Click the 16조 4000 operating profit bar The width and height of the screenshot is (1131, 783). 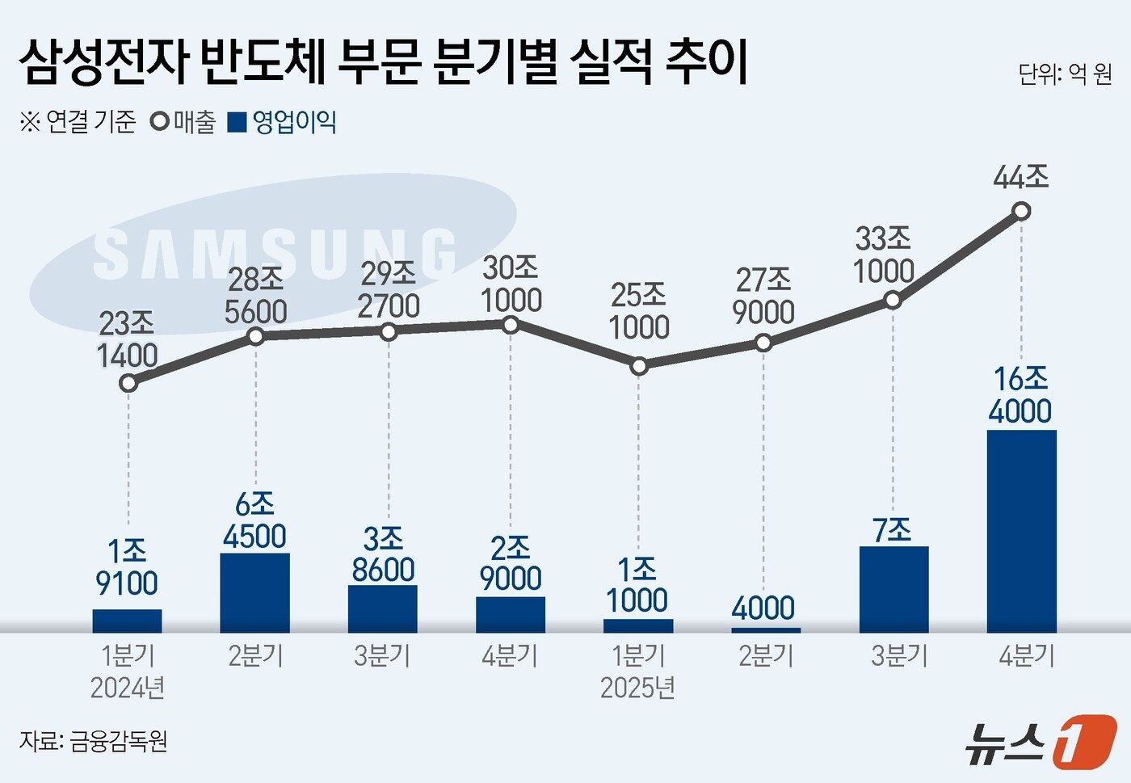[1021, 531]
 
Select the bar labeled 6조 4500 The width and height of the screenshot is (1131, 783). [254, 592]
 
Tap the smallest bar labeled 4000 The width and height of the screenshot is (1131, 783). [766, 629]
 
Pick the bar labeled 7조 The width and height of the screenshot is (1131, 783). [893, 589]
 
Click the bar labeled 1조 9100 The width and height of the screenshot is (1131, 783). [127, 621]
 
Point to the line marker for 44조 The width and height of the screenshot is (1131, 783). [1021, 212]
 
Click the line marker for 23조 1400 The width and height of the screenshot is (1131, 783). [128, 383]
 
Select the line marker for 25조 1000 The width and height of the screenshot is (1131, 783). [639, 366]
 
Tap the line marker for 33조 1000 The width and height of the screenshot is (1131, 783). [893, 300]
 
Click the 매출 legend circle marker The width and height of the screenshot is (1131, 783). [160, 123]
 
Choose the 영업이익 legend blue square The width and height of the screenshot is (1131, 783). [237, 123]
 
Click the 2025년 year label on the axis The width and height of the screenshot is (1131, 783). [637, 688]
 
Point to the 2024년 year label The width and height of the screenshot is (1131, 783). [128, 688]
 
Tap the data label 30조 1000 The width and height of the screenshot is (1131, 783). [511, 284]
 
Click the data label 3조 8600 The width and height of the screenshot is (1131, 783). [383, 554]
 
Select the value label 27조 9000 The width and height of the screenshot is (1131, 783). [764, 296]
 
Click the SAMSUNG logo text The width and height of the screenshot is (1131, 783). [275, 254]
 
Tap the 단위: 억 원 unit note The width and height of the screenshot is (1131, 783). [1065, 74]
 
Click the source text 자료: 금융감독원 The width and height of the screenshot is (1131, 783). [94, 740]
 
